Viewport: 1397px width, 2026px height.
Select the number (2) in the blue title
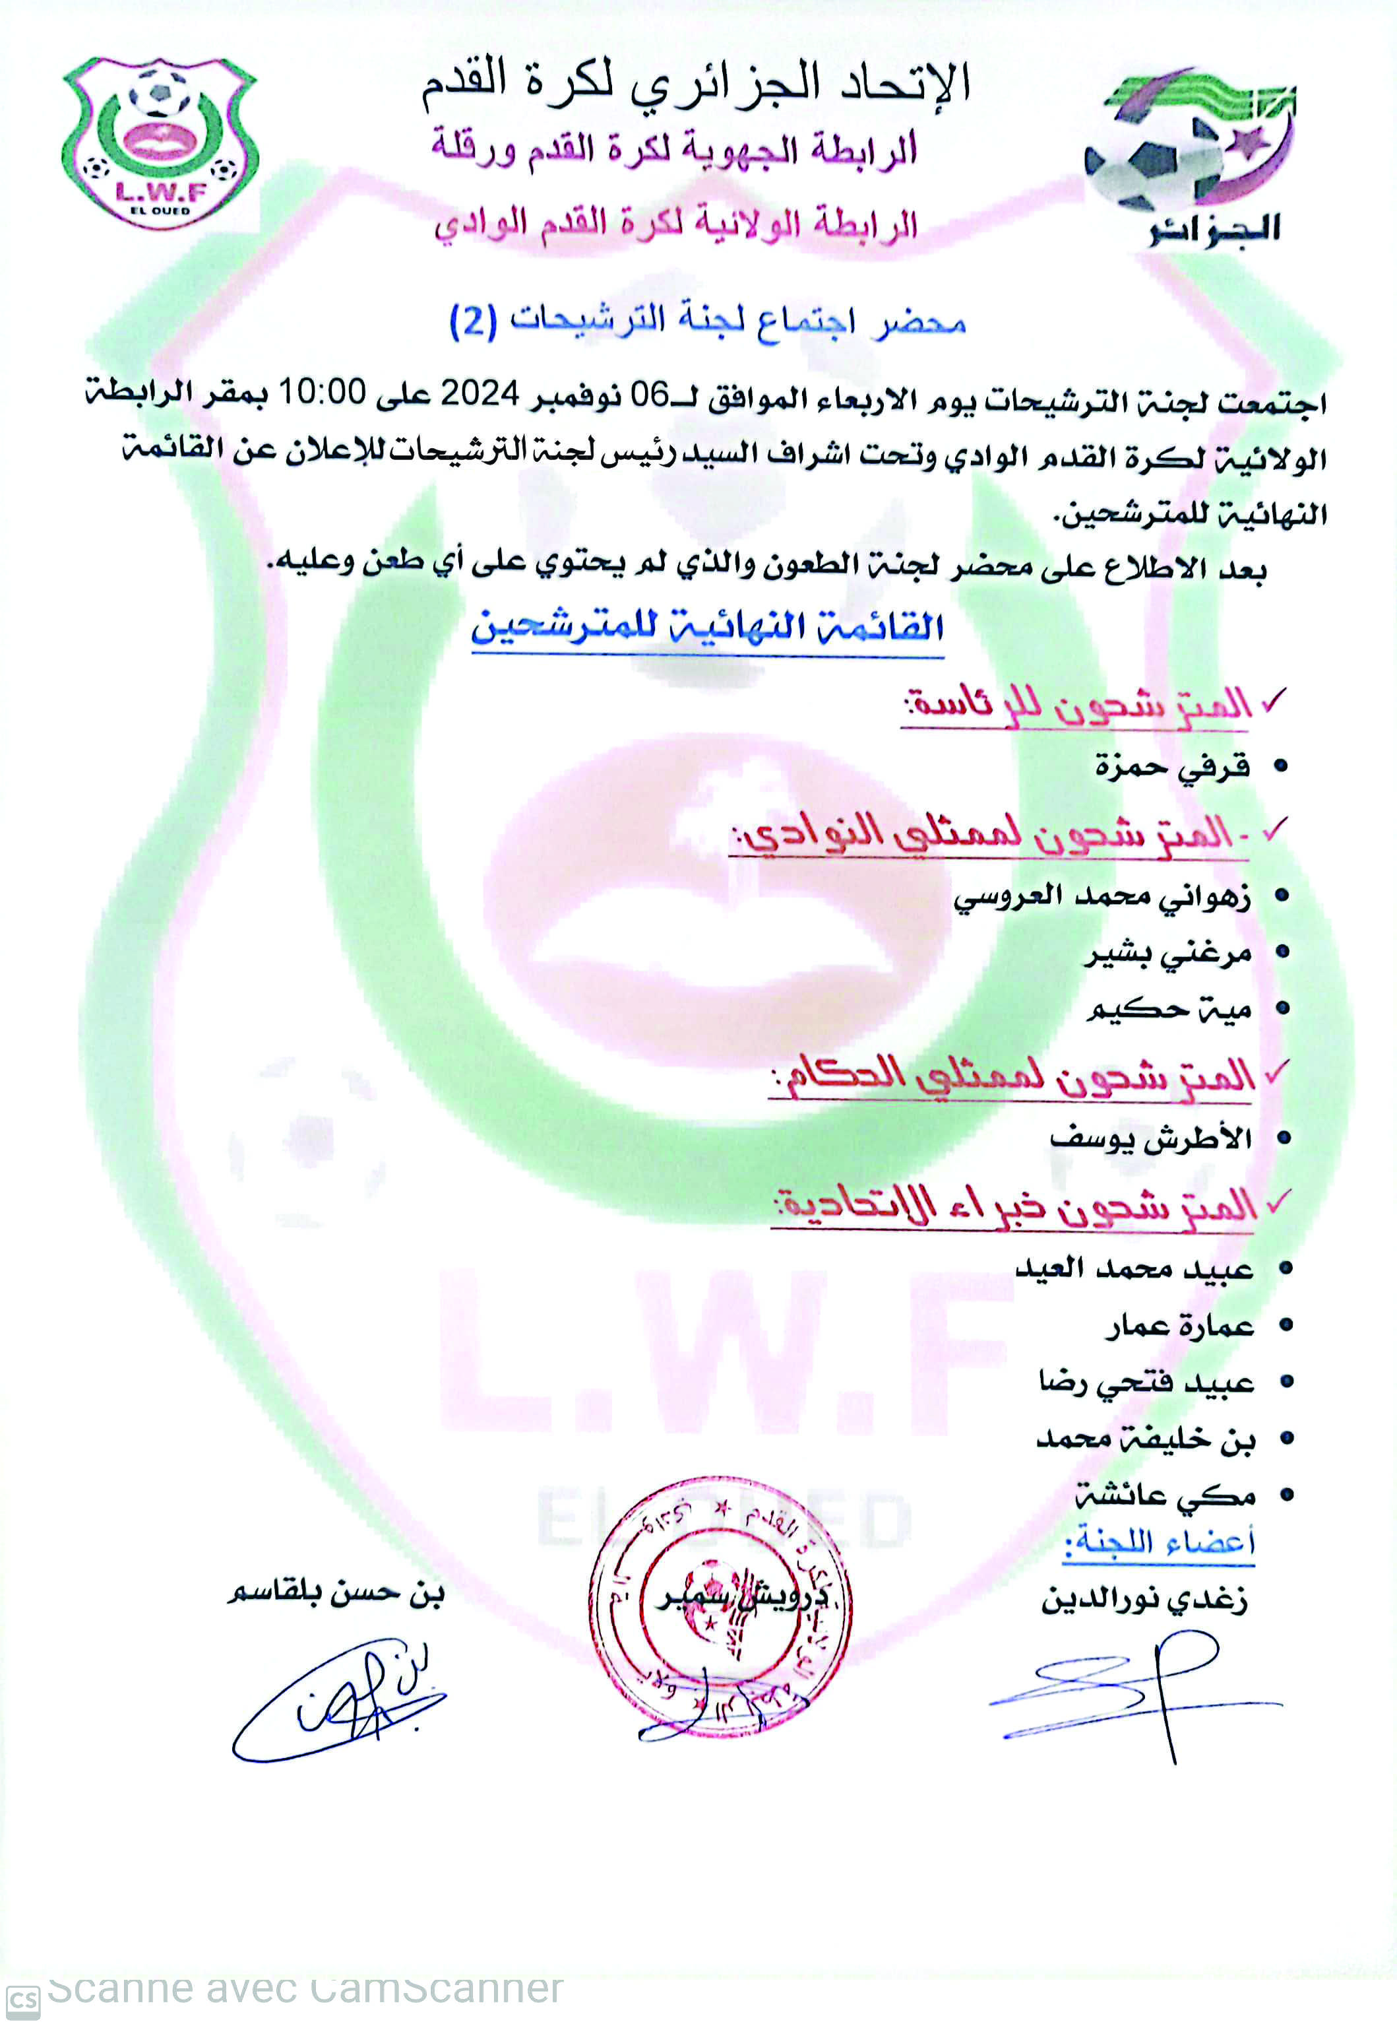473,321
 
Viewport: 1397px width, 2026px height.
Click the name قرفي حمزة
1172,767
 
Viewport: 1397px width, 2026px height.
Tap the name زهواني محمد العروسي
1101,898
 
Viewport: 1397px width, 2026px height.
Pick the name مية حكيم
1169,1010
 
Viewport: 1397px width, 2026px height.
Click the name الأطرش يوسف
1150,1138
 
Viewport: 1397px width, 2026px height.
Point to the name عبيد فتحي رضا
1146,1383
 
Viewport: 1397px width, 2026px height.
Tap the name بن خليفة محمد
1145,1439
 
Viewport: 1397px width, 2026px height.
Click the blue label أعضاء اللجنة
1159,1543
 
